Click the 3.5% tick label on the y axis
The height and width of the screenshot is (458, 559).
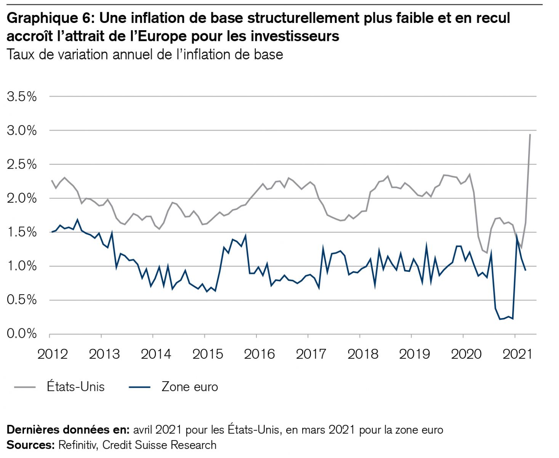(22, 97)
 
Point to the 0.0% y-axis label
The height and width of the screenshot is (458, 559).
(22, 334)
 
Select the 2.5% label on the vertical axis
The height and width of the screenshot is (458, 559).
(22, 164)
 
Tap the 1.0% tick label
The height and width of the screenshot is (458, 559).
(22, 266)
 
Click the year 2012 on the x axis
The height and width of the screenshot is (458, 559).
(52, 354)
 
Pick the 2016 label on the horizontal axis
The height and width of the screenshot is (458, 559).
(259, 354)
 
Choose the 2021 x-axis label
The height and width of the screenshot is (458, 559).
(517, 354)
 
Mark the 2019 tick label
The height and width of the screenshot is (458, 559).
(414, 354)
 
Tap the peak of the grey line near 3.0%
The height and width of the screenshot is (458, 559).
(530, 134)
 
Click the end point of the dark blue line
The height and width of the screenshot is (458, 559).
(526, 270)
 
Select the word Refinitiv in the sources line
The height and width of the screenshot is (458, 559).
(78, 445)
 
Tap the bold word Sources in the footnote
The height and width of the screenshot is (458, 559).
(30, 445)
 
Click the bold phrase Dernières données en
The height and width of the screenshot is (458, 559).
(68, 430)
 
